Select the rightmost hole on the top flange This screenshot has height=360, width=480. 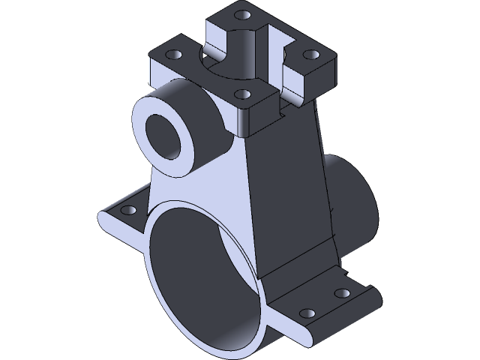coord(307,55)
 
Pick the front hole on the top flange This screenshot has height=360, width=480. coord(241,94)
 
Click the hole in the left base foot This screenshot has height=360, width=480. coord(126,209)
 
